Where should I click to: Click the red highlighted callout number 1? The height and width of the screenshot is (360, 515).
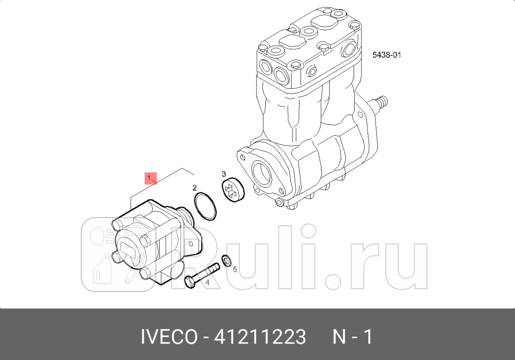pyautogui.click(x=150, y=177)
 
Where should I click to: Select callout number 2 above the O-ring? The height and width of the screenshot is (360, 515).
pyautogui.click(x=195, y=187)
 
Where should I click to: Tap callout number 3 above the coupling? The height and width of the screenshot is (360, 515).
pyautogui.click(x=224, y=174)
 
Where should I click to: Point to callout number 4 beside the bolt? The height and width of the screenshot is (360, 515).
pyautogui.click(x=207, y=283)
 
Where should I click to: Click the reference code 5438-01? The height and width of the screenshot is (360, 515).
pyautogui.click(x=386, y=55)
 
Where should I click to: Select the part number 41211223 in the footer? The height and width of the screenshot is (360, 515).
pyautogui.click(x=260, y=337)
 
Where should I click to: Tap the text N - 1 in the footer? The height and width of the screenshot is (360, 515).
pyautogui.click(x=353, y=337)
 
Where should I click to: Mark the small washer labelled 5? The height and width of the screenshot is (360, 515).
pyautogui.click(x=226, y=260)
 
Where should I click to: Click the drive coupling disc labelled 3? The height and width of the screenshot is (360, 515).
pyautogui.click(x=233, y=190)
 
